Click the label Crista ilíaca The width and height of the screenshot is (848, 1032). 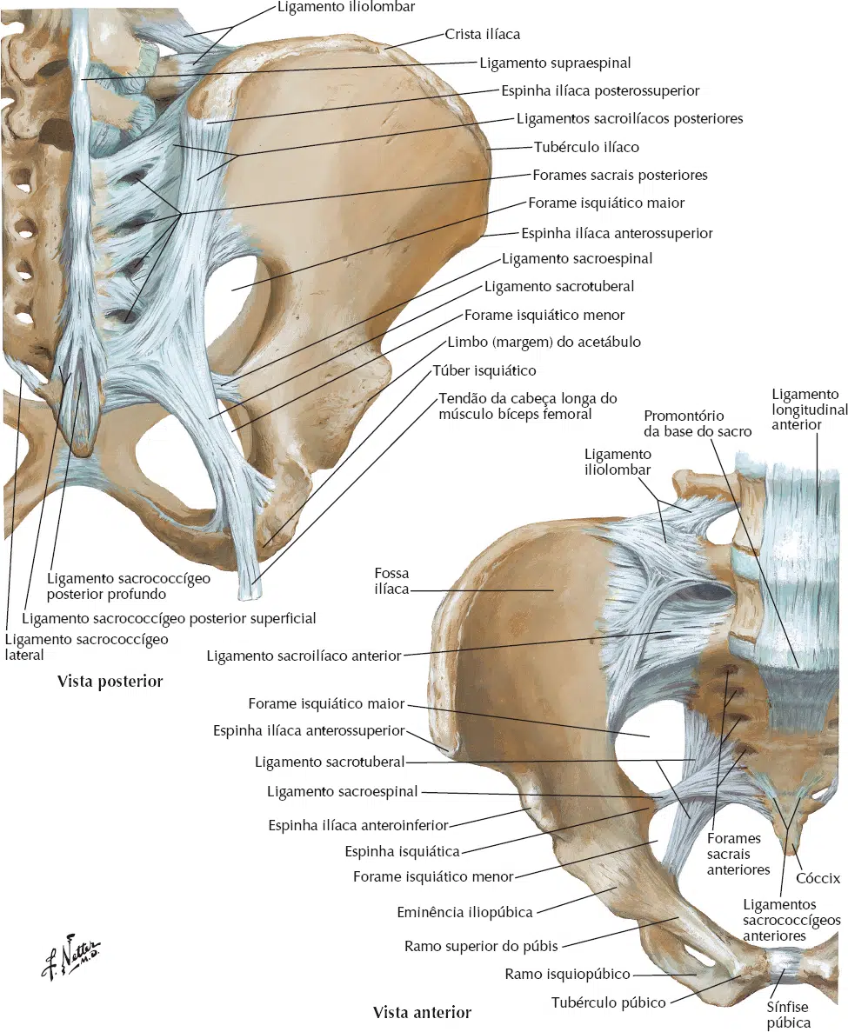point(483,34)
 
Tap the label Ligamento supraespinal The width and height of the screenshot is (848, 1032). point(555,63)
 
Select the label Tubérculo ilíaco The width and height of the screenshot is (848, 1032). point(586,147)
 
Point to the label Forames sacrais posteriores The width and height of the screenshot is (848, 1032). point(620,175)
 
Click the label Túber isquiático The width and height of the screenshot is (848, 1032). point(484,370)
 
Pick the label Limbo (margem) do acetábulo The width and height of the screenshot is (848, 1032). point(544,343)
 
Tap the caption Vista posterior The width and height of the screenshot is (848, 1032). point(110,682)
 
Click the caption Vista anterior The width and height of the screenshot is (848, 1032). point(422,1012)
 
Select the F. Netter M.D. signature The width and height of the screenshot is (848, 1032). point(70,958)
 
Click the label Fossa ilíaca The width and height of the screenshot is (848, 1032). point(391,581)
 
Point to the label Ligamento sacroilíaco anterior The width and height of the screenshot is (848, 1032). point(304,656)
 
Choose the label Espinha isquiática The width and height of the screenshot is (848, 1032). point(403,852)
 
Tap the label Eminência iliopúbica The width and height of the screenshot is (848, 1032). point(464,912)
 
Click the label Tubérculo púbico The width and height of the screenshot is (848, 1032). point(608,1003)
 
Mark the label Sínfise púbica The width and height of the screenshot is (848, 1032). point(787,1015)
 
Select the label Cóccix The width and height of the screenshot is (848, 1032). point(818,878)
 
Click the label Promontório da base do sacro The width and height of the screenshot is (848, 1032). point(698,424)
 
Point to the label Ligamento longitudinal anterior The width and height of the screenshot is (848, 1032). point(809,409)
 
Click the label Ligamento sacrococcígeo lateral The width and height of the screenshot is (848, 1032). point(86,647)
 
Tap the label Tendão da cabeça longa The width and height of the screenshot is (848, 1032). point(528,398)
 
